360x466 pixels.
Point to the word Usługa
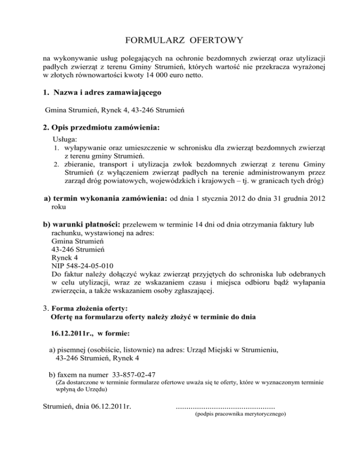(x=66, y=140)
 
